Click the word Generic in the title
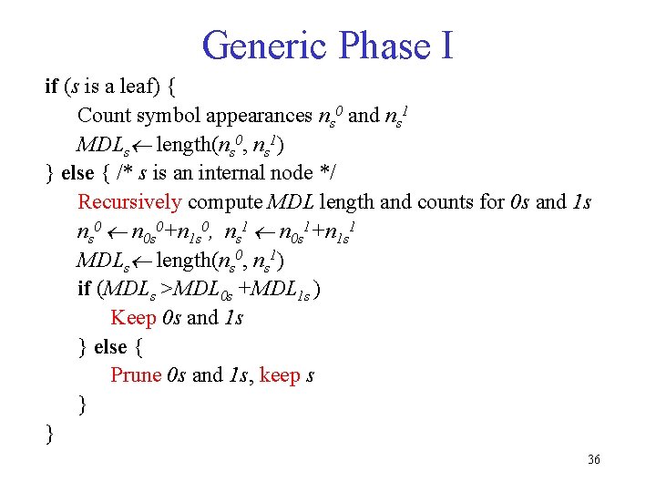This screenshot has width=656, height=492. point(265,45)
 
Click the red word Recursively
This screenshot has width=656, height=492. point(129,202)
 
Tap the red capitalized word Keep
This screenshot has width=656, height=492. point(132,318)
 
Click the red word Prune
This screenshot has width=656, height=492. point(136,375)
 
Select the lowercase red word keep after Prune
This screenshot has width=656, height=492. point(280,375)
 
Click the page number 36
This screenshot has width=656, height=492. point(593,460)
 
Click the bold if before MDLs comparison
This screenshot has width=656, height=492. point(84,290)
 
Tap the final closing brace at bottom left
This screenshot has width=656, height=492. point(50,433)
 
